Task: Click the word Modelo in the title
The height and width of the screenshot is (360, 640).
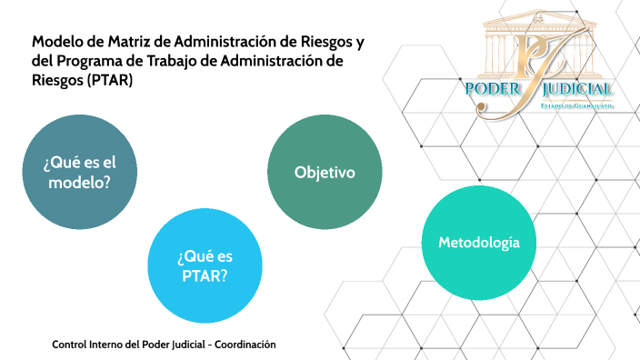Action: (59, 42)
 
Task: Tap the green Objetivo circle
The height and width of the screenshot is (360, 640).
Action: (325, 173)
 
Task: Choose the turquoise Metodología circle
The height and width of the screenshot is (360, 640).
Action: (479, 243)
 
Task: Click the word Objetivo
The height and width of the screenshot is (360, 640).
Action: (325, 173)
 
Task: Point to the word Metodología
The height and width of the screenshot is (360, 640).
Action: (479, 243)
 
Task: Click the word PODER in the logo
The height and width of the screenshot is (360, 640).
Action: (493, 89)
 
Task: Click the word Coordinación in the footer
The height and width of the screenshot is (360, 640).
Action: (245, 345)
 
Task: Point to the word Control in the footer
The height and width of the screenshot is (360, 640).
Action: (69, 345)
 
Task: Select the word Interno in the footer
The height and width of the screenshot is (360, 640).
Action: (109, 345)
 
